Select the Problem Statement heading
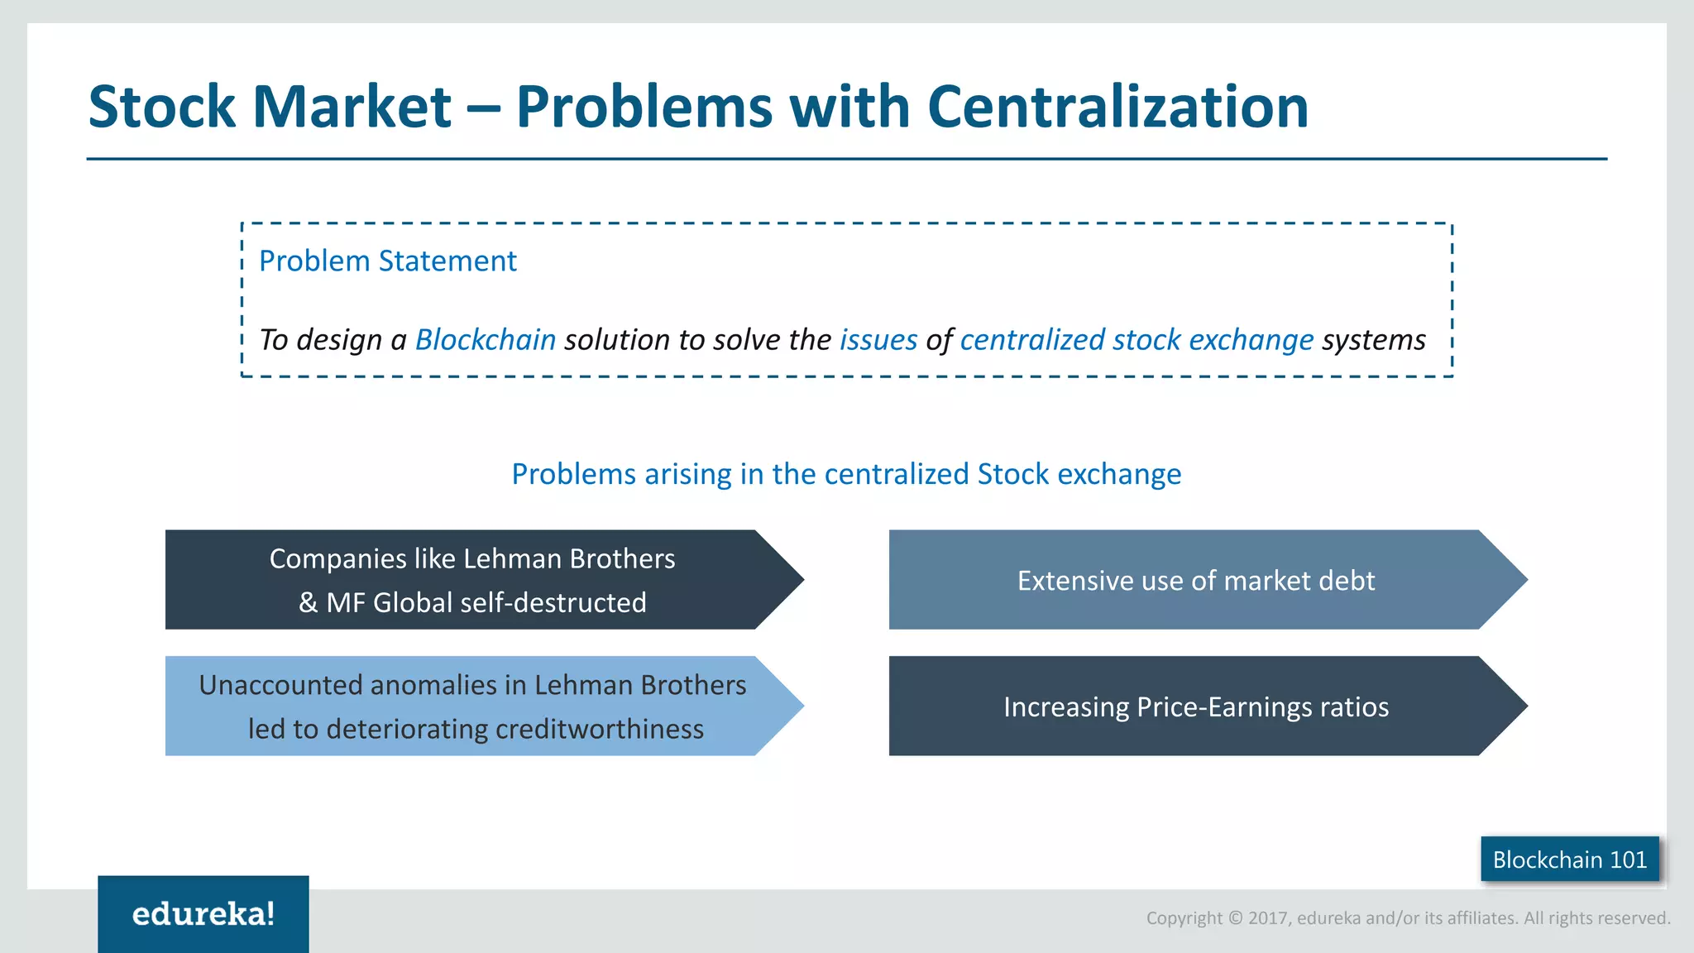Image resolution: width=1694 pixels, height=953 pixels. click(x=387, y=261)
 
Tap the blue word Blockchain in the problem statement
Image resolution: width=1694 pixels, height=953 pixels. click(x=485, y=340)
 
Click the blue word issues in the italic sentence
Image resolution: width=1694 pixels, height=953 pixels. click(x=878, y=340)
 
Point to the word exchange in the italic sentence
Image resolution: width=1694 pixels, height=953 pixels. click(x=1251, y=340)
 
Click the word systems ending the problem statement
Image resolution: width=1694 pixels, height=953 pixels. click(x=1373, y=340)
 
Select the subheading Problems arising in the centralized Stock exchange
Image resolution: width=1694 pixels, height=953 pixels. click(x=846, y=474)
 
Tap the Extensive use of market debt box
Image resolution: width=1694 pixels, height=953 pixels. click(x=1195, y=580)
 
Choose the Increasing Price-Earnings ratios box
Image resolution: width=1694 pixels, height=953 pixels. click(x=1195, y=706)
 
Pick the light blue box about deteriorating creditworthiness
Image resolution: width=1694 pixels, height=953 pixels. click(x=471, y=706)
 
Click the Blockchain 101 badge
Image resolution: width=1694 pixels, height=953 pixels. click(x=1569, y=860)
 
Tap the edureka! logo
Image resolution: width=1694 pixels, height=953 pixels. click(x=203, y=914)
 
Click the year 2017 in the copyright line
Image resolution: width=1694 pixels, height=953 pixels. click(x=1269, y=918)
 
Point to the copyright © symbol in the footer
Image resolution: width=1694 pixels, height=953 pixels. click(x=1235, y=918)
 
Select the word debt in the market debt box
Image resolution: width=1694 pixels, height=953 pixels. click(x=1347, y=581)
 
